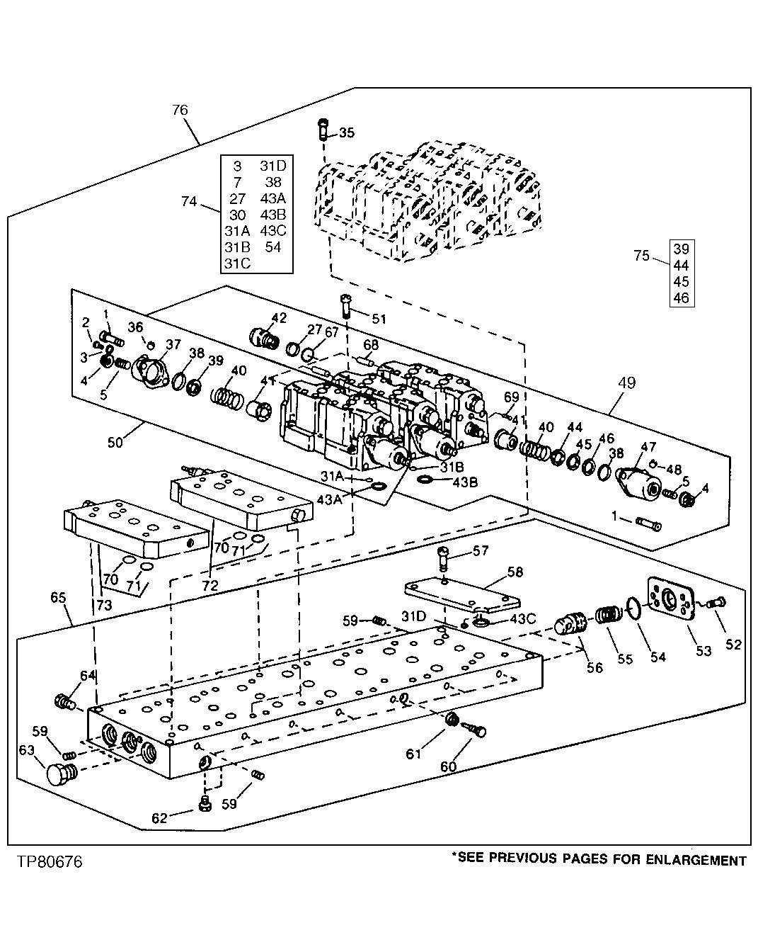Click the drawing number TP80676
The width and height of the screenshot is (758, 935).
tap(46, 862)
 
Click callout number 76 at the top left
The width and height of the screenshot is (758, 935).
tap(180, 110)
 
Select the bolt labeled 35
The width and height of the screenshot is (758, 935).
tap(323, 132)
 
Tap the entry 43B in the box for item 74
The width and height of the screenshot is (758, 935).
tap(272, 215)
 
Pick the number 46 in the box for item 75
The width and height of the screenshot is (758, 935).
tap(681, 298)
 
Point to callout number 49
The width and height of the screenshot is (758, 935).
tap(626, 383)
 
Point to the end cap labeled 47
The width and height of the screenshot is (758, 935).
tap(639, 483)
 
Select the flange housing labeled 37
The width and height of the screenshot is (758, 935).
tap(150, 372)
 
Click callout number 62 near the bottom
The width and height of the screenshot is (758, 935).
tap(159, 818)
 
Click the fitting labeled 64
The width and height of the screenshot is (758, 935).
tap(64, 702)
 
